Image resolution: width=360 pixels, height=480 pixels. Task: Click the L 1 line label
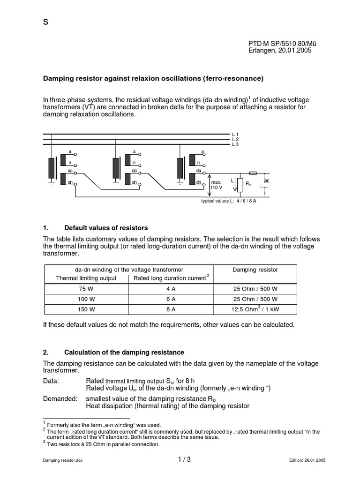click(235, 135)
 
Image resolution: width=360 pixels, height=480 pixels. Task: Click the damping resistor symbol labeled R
click(240, 185)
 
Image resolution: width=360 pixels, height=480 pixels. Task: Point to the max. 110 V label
click(216, 184)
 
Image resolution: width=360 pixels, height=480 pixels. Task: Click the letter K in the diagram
click(267, 180)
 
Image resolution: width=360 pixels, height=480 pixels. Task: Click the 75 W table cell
click(86, 289)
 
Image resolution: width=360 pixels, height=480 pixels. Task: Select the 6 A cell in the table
click(171, 299)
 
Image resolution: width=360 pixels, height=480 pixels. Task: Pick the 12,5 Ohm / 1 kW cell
click(255, 309)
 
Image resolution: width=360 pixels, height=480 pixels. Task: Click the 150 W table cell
click(86, 309)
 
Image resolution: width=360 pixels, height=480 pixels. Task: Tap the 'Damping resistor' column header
click(255, 270)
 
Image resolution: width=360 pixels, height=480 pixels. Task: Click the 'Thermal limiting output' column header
click(86, 278)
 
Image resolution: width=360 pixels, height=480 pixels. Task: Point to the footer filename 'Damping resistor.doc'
click(63, 461)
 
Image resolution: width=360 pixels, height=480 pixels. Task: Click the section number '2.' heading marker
click(46, 352)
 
